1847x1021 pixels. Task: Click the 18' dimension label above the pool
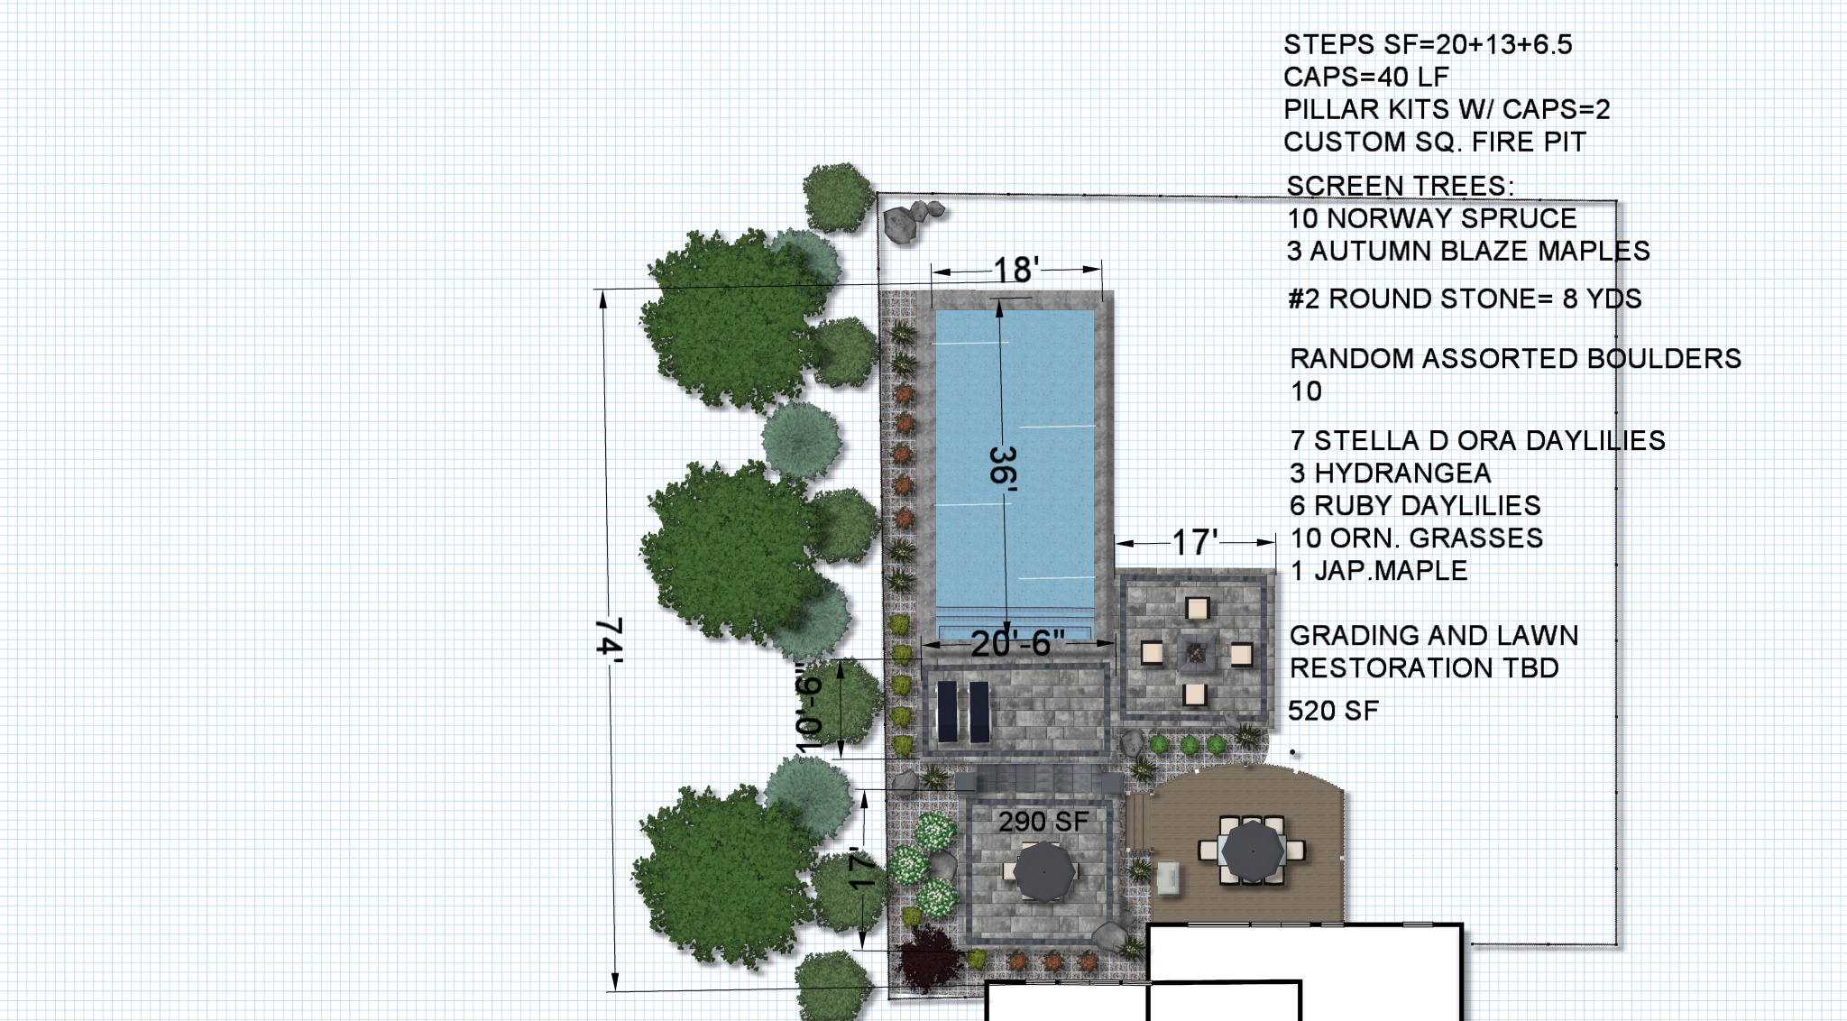point(1016,270)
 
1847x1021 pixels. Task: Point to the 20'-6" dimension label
point(1017,643)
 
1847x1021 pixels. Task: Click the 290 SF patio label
point(1043,822)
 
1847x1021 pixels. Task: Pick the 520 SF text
point(1333,711)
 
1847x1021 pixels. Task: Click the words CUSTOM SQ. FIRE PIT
point(1435,142)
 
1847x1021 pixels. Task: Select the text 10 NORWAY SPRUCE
point(1432,218)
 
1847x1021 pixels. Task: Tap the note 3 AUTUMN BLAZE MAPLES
point(1468,251)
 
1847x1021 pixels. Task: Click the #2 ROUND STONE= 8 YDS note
point(1465,299)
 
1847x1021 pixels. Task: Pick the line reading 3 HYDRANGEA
point(1390,473)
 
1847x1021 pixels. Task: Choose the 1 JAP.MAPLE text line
point(1379,570)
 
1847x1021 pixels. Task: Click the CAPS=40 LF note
point(1366,77)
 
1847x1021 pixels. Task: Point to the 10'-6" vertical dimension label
point(810,708)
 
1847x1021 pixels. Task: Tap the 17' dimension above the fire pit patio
point(1195,543)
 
